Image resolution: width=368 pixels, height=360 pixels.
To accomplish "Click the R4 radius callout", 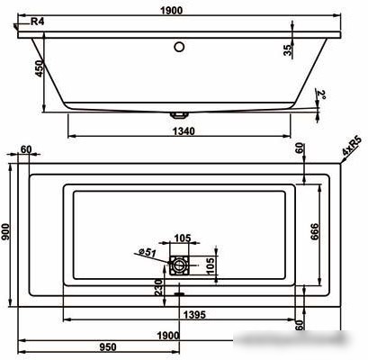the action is coord(38,22).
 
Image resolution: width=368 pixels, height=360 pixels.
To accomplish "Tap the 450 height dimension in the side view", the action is coord(40,68).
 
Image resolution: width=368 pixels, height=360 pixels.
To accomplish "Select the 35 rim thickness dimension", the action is coord(288,49).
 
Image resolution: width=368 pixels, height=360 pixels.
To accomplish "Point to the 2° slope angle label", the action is coord(321,95).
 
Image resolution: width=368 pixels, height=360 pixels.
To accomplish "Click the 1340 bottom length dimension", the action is coord(184,131).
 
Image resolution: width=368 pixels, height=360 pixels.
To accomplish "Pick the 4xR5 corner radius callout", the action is coord(352,147).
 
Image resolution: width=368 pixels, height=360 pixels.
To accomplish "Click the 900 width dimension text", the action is coord(5,232).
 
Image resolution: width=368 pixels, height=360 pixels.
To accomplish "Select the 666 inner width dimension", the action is coord(315,231).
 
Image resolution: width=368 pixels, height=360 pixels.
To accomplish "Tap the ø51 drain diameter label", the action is coord(148,252).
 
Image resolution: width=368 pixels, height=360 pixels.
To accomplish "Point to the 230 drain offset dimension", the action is coord(158,287).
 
